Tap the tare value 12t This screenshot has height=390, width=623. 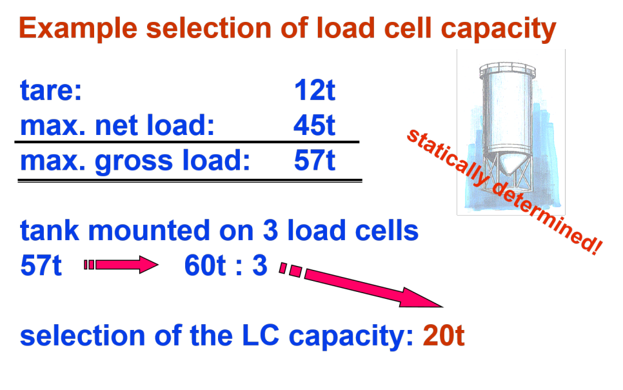(x=315, y=91)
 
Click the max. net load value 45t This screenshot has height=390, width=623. (x=315, y=125)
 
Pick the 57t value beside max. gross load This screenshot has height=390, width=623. (x=315, y=161)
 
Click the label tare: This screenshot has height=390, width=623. (x=51, y=91)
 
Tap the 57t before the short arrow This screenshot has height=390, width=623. (x=41, y=266)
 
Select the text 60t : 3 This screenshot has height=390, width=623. (x=225, y=266)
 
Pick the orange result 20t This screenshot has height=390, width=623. (x=444, y=336)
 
